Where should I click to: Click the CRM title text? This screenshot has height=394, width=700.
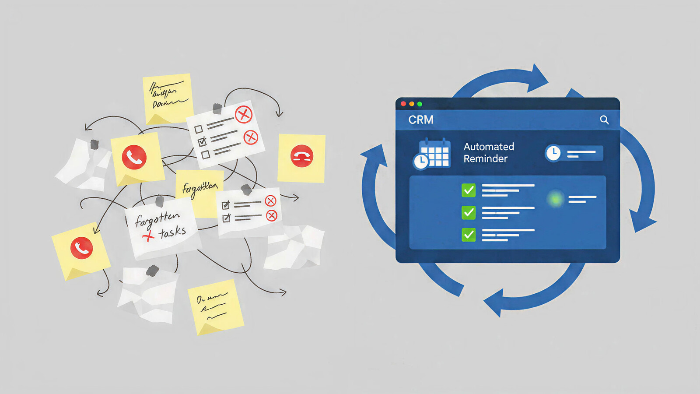421,120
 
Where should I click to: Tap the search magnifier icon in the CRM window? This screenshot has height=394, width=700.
604,120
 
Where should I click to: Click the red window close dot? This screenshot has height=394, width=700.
403,104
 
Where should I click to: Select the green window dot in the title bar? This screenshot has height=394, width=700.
420,104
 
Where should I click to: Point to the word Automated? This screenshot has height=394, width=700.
489,147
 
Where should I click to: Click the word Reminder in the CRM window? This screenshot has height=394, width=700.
486,158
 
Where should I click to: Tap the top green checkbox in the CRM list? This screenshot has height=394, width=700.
469,190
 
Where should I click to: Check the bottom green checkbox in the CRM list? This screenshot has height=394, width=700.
469,235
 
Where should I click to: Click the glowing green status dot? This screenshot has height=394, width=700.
556,199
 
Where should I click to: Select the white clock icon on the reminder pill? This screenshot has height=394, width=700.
553,153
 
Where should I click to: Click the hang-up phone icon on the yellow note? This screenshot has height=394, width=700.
302,156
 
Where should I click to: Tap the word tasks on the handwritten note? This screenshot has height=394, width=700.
172,232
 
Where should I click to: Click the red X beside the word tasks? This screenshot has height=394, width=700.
148,236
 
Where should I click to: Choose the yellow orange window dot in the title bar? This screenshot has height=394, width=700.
412,104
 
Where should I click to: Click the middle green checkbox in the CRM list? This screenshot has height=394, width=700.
469,212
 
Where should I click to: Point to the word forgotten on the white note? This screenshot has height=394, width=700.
157,219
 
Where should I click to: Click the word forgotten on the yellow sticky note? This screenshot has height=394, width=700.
199,188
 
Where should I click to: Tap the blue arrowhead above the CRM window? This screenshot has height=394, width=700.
538,78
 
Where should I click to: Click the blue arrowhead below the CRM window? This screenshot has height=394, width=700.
494,303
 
